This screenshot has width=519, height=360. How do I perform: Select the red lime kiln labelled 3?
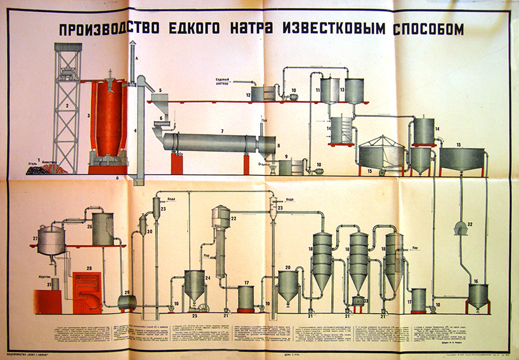pyautogui.click(x=106, y=121)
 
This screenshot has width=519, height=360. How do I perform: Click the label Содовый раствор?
pyautogui.click(x=227, y=83)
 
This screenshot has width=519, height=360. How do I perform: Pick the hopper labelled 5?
pyautogui.click(x=159, y=102)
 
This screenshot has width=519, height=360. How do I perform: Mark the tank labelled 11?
pyautogui.click(x=329, y=90)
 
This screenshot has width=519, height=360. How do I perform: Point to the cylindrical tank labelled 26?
pyautogui.click(x=103, y=229)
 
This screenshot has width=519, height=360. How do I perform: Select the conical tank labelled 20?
pyautogui.click(x=289, y=286)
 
